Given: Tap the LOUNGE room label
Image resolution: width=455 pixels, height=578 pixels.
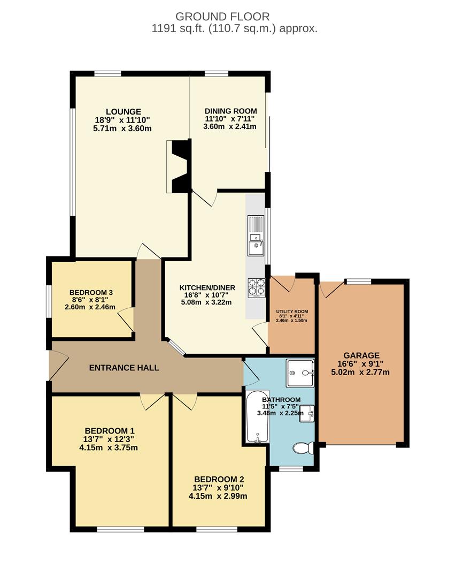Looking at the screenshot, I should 116,111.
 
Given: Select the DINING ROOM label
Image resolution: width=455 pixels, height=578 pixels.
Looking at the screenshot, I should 230,111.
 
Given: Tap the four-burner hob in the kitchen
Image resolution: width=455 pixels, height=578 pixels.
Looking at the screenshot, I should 256,287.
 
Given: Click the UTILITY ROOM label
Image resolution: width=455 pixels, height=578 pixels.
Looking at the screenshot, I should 292,312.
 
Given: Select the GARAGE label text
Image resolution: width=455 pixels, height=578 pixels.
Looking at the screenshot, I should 361,355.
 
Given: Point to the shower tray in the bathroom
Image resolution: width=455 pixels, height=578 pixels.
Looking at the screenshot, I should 301,372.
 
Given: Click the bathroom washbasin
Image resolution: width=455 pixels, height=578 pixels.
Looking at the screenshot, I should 306,413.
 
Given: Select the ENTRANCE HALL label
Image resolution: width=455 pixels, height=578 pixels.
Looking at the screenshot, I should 124,368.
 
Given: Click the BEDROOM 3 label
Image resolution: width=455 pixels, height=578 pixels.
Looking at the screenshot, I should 91,292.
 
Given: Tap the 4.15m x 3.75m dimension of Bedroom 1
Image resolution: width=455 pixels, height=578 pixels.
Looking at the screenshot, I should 109,447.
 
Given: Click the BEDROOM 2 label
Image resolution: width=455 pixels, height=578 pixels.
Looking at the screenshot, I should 219,479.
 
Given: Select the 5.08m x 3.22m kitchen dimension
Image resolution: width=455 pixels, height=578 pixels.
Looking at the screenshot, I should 206,302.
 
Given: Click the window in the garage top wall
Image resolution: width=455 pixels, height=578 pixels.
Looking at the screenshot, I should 358,281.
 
